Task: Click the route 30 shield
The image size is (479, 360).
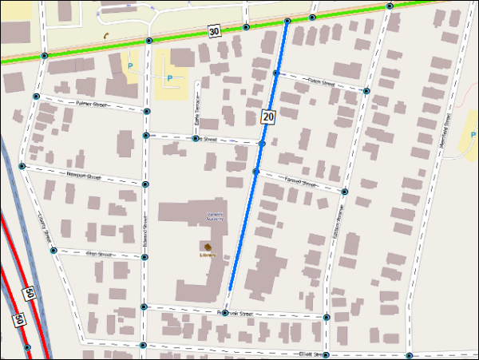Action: [214, 31]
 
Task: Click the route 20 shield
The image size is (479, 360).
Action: [268, 117]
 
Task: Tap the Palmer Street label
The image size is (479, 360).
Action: [91, 105]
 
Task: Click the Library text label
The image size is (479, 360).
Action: [208, 255]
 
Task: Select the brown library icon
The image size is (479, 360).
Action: [208, 246]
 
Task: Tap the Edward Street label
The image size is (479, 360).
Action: [144, 227]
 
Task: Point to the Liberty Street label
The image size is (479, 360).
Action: [45, 227]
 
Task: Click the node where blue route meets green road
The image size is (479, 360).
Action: [287, 21]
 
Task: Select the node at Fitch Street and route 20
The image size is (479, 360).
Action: [275, 73]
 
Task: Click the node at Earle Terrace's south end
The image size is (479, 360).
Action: [196, 139]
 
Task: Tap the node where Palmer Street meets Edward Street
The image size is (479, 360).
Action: [147, 111]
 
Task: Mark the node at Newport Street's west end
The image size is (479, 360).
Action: [22, 166]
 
